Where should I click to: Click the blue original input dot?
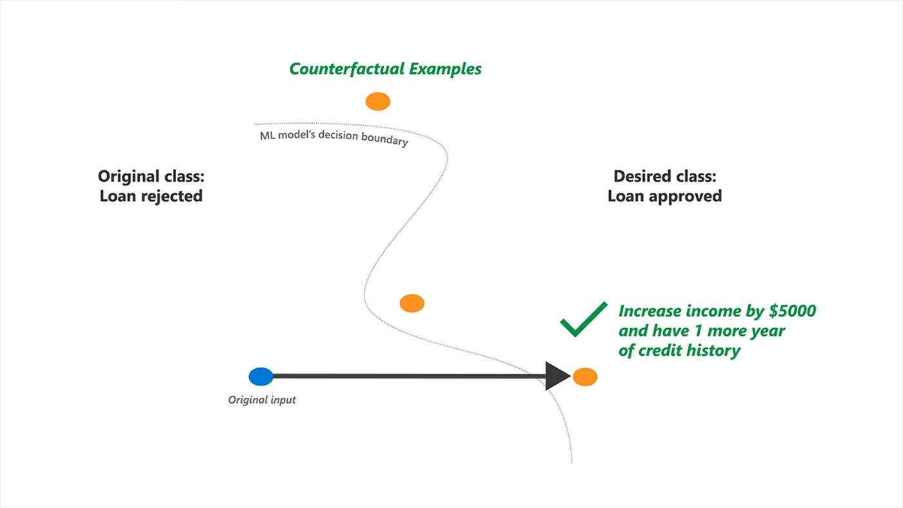(261, 376)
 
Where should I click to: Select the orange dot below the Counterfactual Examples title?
(378, 101)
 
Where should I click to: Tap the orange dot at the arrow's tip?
(585, 376)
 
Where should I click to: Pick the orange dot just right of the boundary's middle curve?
(412, 303)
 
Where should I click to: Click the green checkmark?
(583, 319)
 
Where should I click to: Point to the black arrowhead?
(557, 376)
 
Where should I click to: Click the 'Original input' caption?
(262, 400)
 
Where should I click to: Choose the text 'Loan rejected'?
(151, 196)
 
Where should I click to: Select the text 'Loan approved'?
(664, 196)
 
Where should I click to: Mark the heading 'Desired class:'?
(664, 176)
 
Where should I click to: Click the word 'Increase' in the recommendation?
(649, 311)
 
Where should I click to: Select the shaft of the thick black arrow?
(406, 376)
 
